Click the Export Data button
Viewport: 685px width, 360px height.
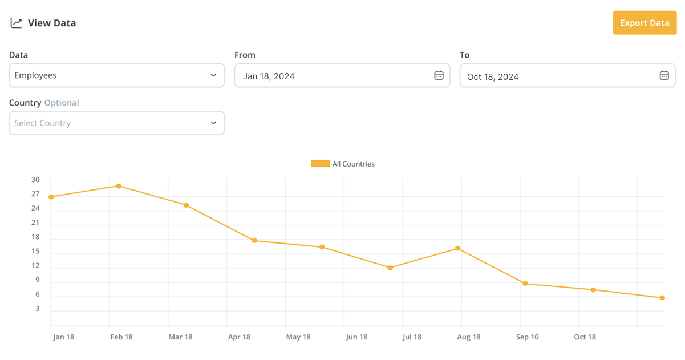pyautogui.click(x=645, y=23)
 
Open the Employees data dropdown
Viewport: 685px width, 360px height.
pyautogui.click(x=117, y=75)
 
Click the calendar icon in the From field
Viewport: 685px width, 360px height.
pyautogui.click(x=439, y=75)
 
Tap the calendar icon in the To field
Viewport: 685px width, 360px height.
pyautogui.click(x=664, y=75)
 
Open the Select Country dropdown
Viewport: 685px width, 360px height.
pyautogui.click(x=117, y=123)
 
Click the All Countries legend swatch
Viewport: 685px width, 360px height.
pyautogui.click(x=320, y=164)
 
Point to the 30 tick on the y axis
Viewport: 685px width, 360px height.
pyautogui.click(x=35, y=180)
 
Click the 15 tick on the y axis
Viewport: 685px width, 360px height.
pyautogui.click(x=35, y=251)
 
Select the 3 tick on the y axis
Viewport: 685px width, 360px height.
pyautogui.click(x=38, y=309)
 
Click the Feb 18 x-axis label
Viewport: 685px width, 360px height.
pyautogui.click(x=121, y=337)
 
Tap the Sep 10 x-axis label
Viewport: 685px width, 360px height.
pyautogui.click(x=528, y=337)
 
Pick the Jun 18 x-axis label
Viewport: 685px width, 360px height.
pyautogui.click(x=356, y=337)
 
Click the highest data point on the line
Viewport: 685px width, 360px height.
pyautogui.click(x=119, y=186)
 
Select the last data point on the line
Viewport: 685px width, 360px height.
pyautogui.click(x=662, y=298)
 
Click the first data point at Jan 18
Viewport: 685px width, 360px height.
pyautogui.click(x=51, y=197)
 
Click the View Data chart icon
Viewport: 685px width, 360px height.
pyautogui.click(x=16, y=23)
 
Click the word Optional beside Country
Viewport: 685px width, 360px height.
pyautogui.click(x=62, y=103)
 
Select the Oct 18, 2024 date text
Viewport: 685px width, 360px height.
pyautogui.click(x=493, y=76)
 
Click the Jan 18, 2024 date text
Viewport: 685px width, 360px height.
pyautogui.click(x=269, y=76)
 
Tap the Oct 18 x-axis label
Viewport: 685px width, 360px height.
pyautogui.click(x=585, y=337)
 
